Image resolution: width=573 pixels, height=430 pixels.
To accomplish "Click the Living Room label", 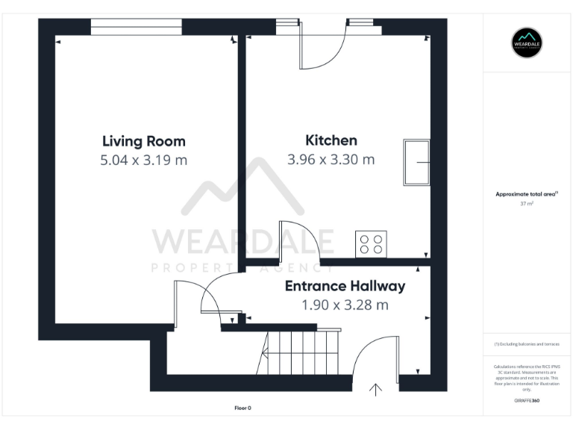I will pyautogui.click(x=143, y=141).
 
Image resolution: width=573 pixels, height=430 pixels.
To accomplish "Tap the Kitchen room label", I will pyautogui.click(x=331, y=140).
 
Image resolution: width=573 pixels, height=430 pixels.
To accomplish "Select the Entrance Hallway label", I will pyautogui.click(x=345, y=286).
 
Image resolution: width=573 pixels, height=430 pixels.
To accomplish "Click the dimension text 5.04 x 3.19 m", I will pyautogui.click(x=143, y=160).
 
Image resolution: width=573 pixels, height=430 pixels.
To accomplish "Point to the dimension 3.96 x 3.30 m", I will pyautogui.click(x=331, y=159).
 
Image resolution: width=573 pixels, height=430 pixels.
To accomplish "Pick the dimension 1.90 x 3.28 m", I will pyautogui.click(x=345, y=305).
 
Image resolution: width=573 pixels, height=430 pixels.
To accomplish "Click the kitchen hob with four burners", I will pyautogui.click(x=372, y=244).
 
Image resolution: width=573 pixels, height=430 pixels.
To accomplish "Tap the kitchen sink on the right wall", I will pyautogui.click(x=416, y=161).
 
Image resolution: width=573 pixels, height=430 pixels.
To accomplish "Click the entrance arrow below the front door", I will pyautogui.click(x=375, y=389).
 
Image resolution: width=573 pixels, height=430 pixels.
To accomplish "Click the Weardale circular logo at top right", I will pyautogui.click(x=527, y=43).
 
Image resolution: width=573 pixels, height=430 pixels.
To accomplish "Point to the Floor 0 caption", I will pyautogui.click(x=242, y=408).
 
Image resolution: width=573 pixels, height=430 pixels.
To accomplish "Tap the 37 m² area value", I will pyautogui.click(x=527, y=203).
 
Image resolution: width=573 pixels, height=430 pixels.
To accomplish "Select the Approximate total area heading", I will pyautogui.click(x=526, y=193).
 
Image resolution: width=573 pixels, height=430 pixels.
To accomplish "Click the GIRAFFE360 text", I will pyautogui.click(x=527, y=401).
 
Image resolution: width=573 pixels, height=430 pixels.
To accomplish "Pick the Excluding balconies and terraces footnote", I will pyautogui.click(x=527, y=343).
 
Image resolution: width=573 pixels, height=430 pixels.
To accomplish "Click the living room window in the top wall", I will pyautogui.click(x=136, y=27).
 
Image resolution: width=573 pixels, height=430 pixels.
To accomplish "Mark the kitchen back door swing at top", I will pyautogui.click(x=321, y=49).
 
